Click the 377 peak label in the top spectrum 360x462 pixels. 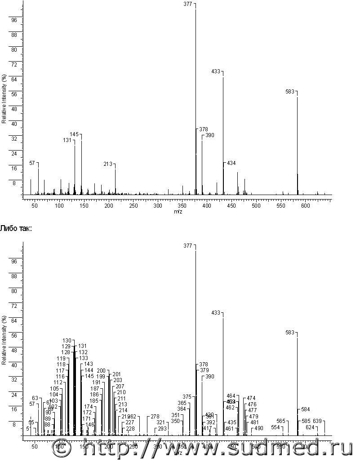click(x=188, y=4)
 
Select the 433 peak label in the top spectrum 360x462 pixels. click(x=216, y=71)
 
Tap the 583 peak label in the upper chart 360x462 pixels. click(x=290, y=92)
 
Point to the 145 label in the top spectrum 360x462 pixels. click(x=74, y=134)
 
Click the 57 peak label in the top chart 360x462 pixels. click(x=32, y=163)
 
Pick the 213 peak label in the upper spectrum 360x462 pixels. click(x=108, y=164)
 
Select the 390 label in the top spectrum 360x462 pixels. click(x=210, y=135)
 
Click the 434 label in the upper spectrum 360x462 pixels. click(x=231, y=163)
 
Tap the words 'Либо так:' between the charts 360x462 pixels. click(x=16, y=229)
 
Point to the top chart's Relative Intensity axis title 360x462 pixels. click(x=4, y=99)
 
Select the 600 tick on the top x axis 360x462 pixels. click(x=305, y=205)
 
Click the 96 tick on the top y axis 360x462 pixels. click(x=14, y=20)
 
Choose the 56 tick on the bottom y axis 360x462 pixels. click(x=14, y=336)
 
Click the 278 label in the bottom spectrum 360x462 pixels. click(x=155, y=417)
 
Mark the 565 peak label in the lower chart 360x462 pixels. click(x=281, y=421)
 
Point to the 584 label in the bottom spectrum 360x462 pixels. click(x=306, y=409)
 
